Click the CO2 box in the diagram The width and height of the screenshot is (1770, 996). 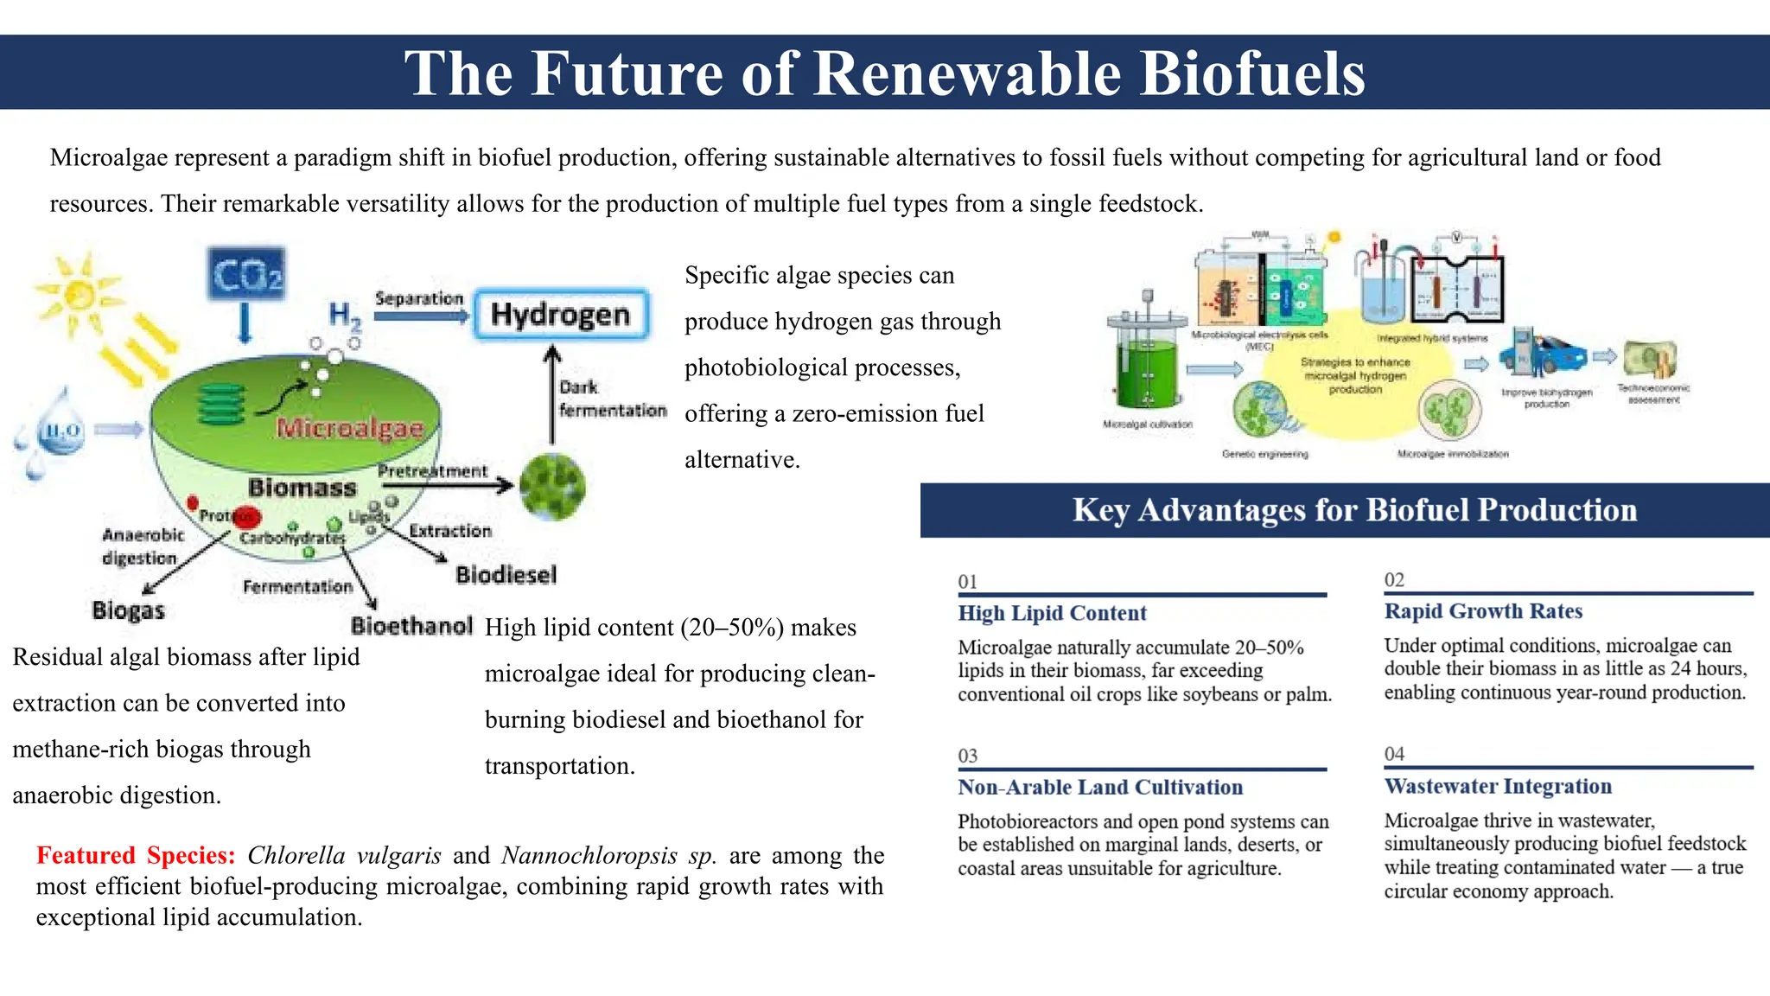pos(246,275)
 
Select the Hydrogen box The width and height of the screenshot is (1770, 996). pos(561,315)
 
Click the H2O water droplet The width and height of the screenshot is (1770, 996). pos(62,430)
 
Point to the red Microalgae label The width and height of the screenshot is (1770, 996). pos(350,428)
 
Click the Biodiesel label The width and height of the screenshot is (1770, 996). pos(506,575)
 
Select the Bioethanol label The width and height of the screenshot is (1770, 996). pos(411,625)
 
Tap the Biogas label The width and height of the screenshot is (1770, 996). pos(128,610)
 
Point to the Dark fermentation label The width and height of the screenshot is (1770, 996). pos(611,399)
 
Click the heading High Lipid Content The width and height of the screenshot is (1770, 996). pos(1052,613)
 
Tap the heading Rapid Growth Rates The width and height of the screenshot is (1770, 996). pos(1483,611)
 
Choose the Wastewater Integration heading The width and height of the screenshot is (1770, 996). pos(1498,786)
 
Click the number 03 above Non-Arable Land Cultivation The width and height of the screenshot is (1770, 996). pos(967,756)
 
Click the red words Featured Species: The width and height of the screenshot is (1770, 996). pos(136,855)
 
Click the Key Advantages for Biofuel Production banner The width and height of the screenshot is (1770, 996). pos(1354,510)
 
